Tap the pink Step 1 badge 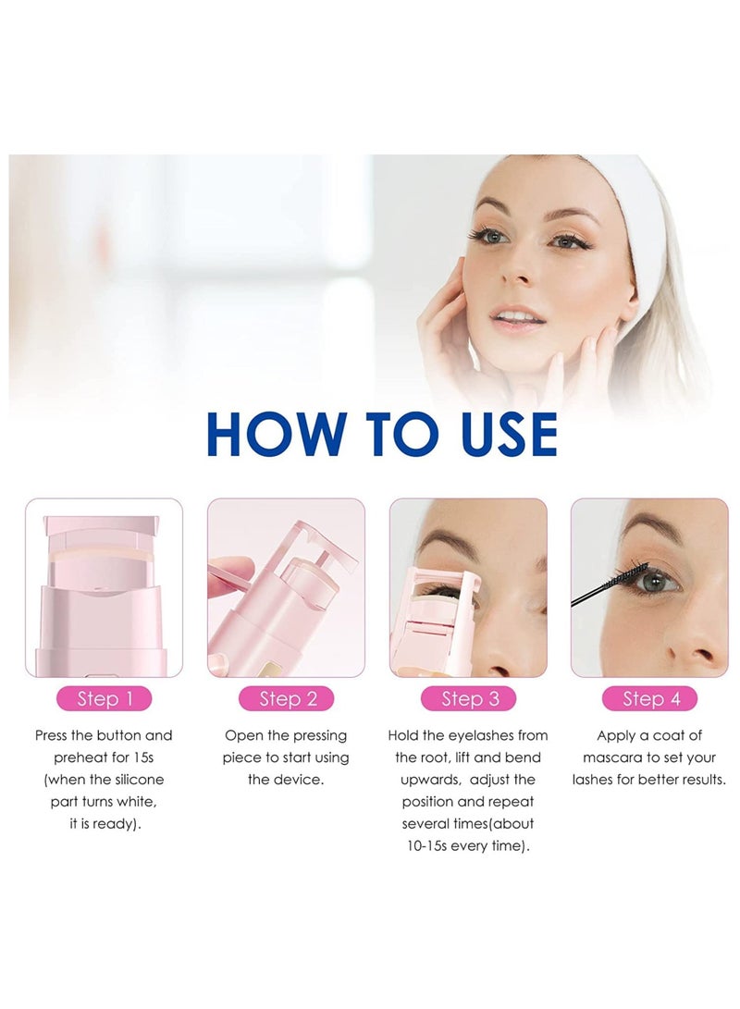pos(105,698)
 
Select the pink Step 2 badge pos(286,698)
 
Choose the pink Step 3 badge pos(468,698)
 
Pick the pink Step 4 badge pos(649,698)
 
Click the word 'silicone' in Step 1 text pos(134,780)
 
